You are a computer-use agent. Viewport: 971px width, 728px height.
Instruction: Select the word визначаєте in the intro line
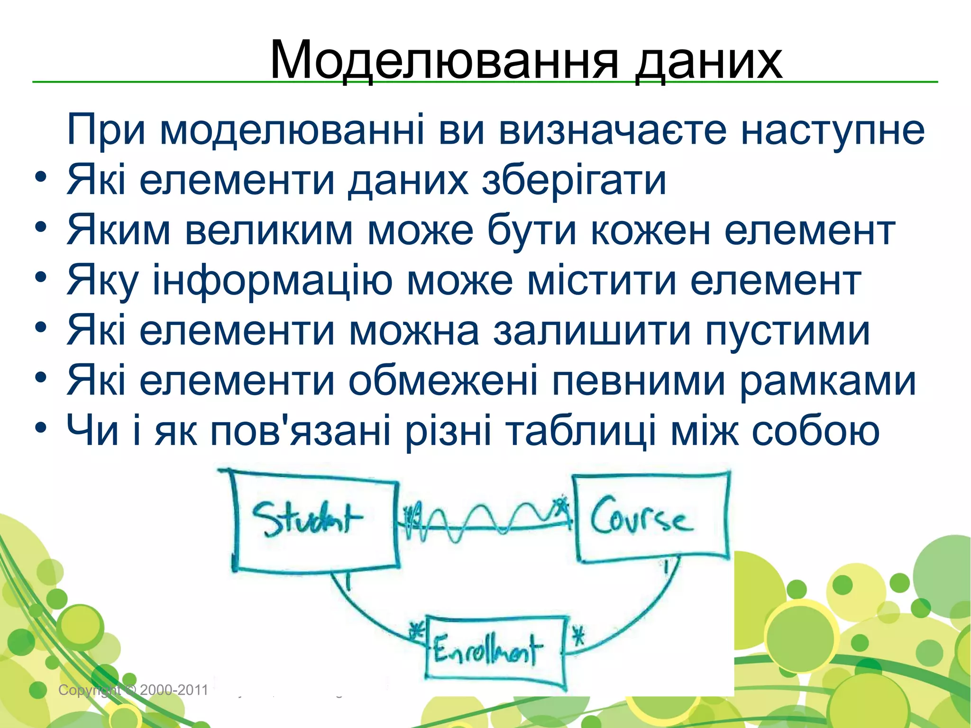click(613, 130)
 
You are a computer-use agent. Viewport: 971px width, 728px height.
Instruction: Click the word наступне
click(833, 130)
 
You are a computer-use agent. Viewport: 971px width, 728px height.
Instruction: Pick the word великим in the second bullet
click(269, 230)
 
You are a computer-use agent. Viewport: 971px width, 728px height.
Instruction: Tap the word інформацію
click(272, 281)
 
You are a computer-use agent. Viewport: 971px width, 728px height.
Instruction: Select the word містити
click(601, 281)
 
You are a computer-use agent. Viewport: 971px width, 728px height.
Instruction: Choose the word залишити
click(592, 331)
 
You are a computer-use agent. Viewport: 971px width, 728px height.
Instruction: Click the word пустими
click(788, 331)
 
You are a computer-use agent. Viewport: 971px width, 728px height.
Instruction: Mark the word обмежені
click(443, 381)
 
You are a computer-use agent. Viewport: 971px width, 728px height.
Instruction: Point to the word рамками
click(828, 381)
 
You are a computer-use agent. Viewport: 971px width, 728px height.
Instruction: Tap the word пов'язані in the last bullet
click(301, 431)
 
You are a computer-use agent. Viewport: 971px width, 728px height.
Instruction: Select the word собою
click(816, 431)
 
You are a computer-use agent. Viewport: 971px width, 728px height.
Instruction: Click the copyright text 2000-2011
click(174, 690)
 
